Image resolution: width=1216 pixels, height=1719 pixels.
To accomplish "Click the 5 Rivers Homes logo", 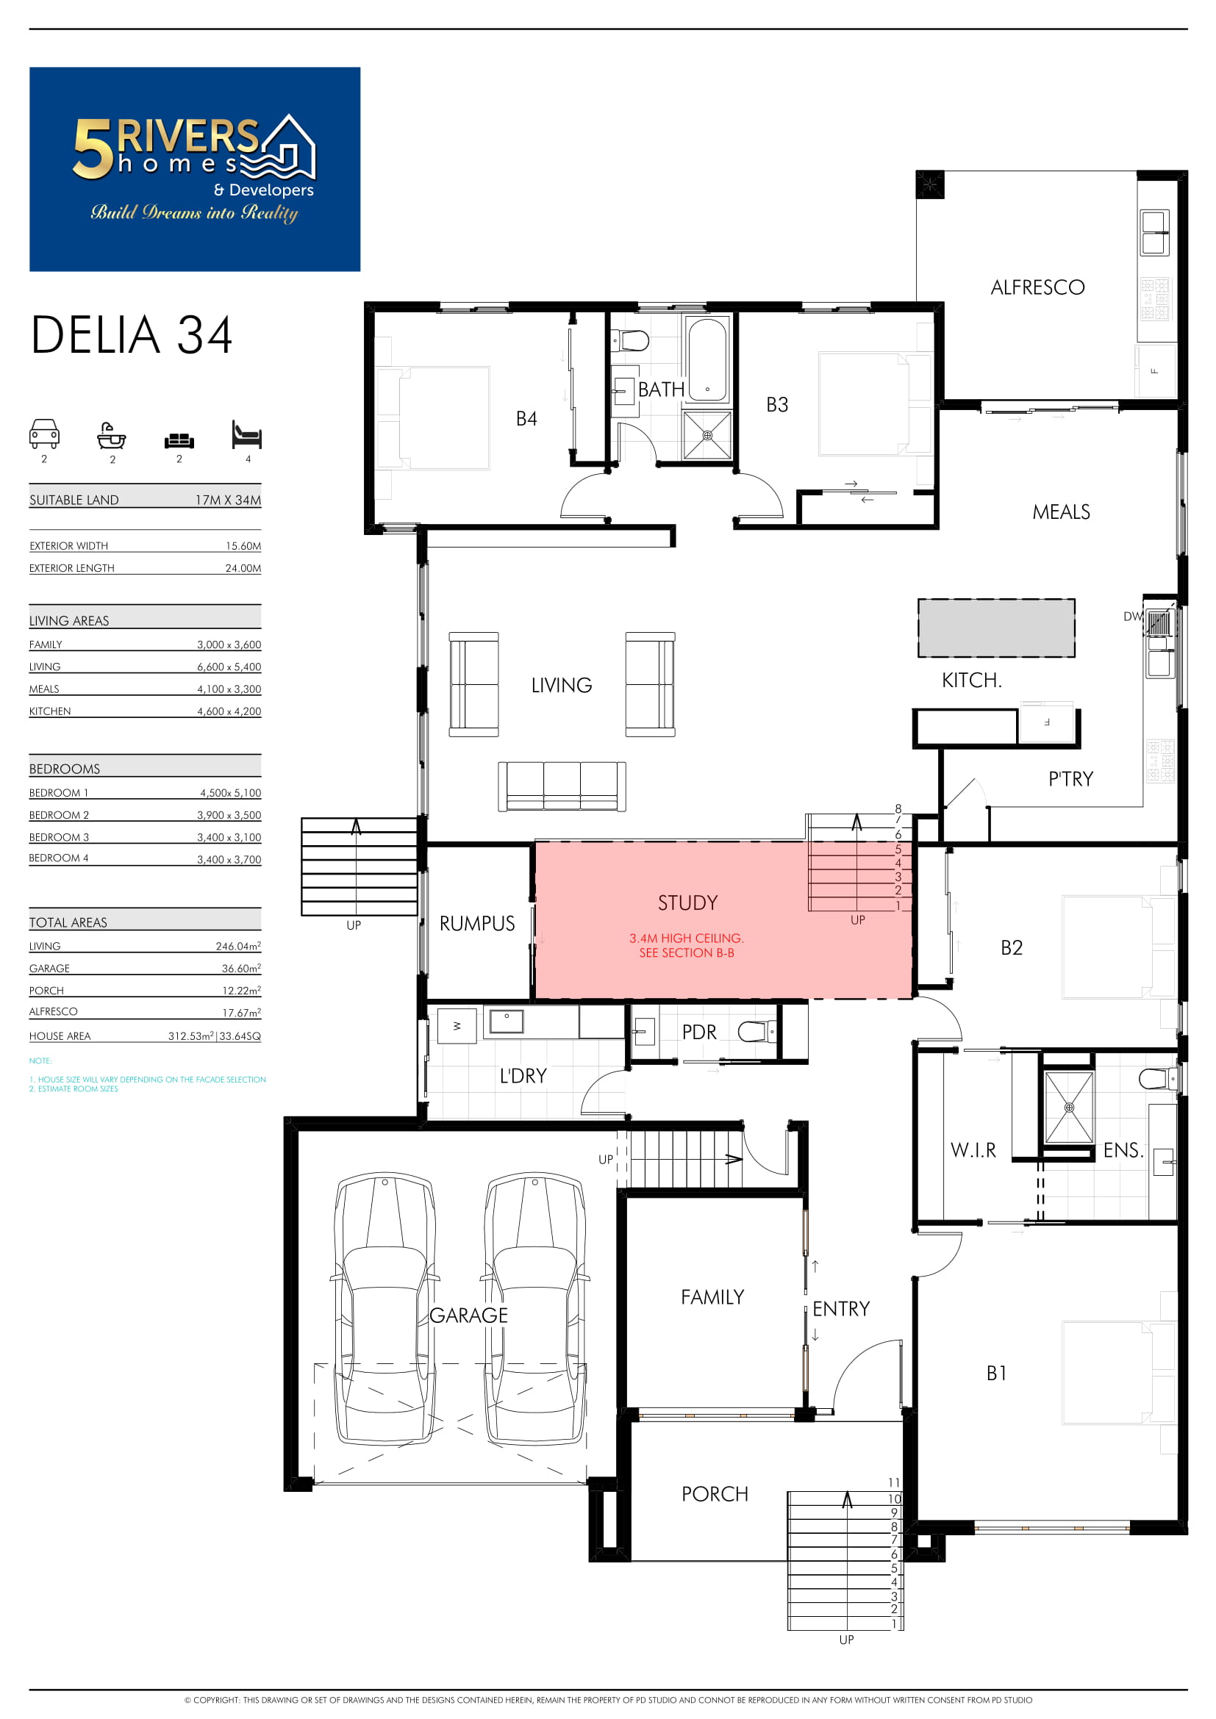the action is click(195, 169).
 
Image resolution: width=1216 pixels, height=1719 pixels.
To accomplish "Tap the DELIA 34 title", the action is click(132, 334).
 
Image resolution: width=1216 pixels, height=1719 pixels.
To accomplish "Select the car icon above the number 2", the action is click(44, 434).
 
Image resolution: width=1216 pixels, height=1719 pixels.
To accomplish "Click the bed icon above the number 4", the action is click(246, 434).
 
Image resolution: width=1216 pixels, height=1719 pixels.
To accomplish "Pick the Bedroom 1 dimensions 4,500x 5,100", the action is click(231, 793).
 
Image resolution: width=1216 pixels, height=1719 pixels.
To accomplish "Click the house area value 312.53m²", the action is click(191, 1036).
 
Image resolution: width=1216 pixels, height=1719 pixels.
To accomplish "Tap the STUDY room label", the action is click(687, 903).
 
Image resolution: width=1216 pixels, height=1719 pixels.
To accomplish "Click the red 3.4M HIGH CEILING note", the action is click(687, 946).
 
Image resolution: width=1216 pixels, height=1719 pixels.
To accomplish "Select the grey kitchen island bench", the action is click(997, 628).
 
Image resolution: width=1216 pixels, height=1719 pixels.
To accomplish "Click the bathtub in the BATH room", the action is click(707, 360).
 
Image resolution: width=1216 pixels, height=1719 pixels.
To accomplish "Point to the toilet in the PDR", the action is click(757, 1033).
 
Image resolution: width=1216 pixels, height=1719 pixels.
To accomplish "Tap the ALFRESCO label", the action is click(1038, 287).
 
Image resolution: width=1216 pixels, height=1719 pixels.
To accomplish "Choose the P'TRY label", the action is click(1070, 779).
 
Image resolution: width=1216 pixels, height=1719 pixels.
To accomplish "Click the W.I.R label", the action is click(973, 1151).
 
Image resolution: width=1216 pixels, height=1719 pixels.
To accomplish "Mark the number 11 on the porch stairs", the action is click(894, 1482).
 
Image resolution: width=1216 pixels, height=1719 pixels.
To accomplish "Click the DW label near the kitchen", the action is click(1133, 617).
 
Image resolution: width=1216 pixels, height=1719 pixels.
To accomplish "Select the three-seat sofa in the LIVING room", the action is click(562, 786).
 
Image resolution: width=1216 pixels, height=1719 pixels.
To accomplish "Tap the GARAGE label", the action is click(469, 1316).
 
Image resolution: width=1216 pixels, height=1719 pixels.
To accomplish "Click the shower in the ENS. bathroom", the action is click(1069, 1108).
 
